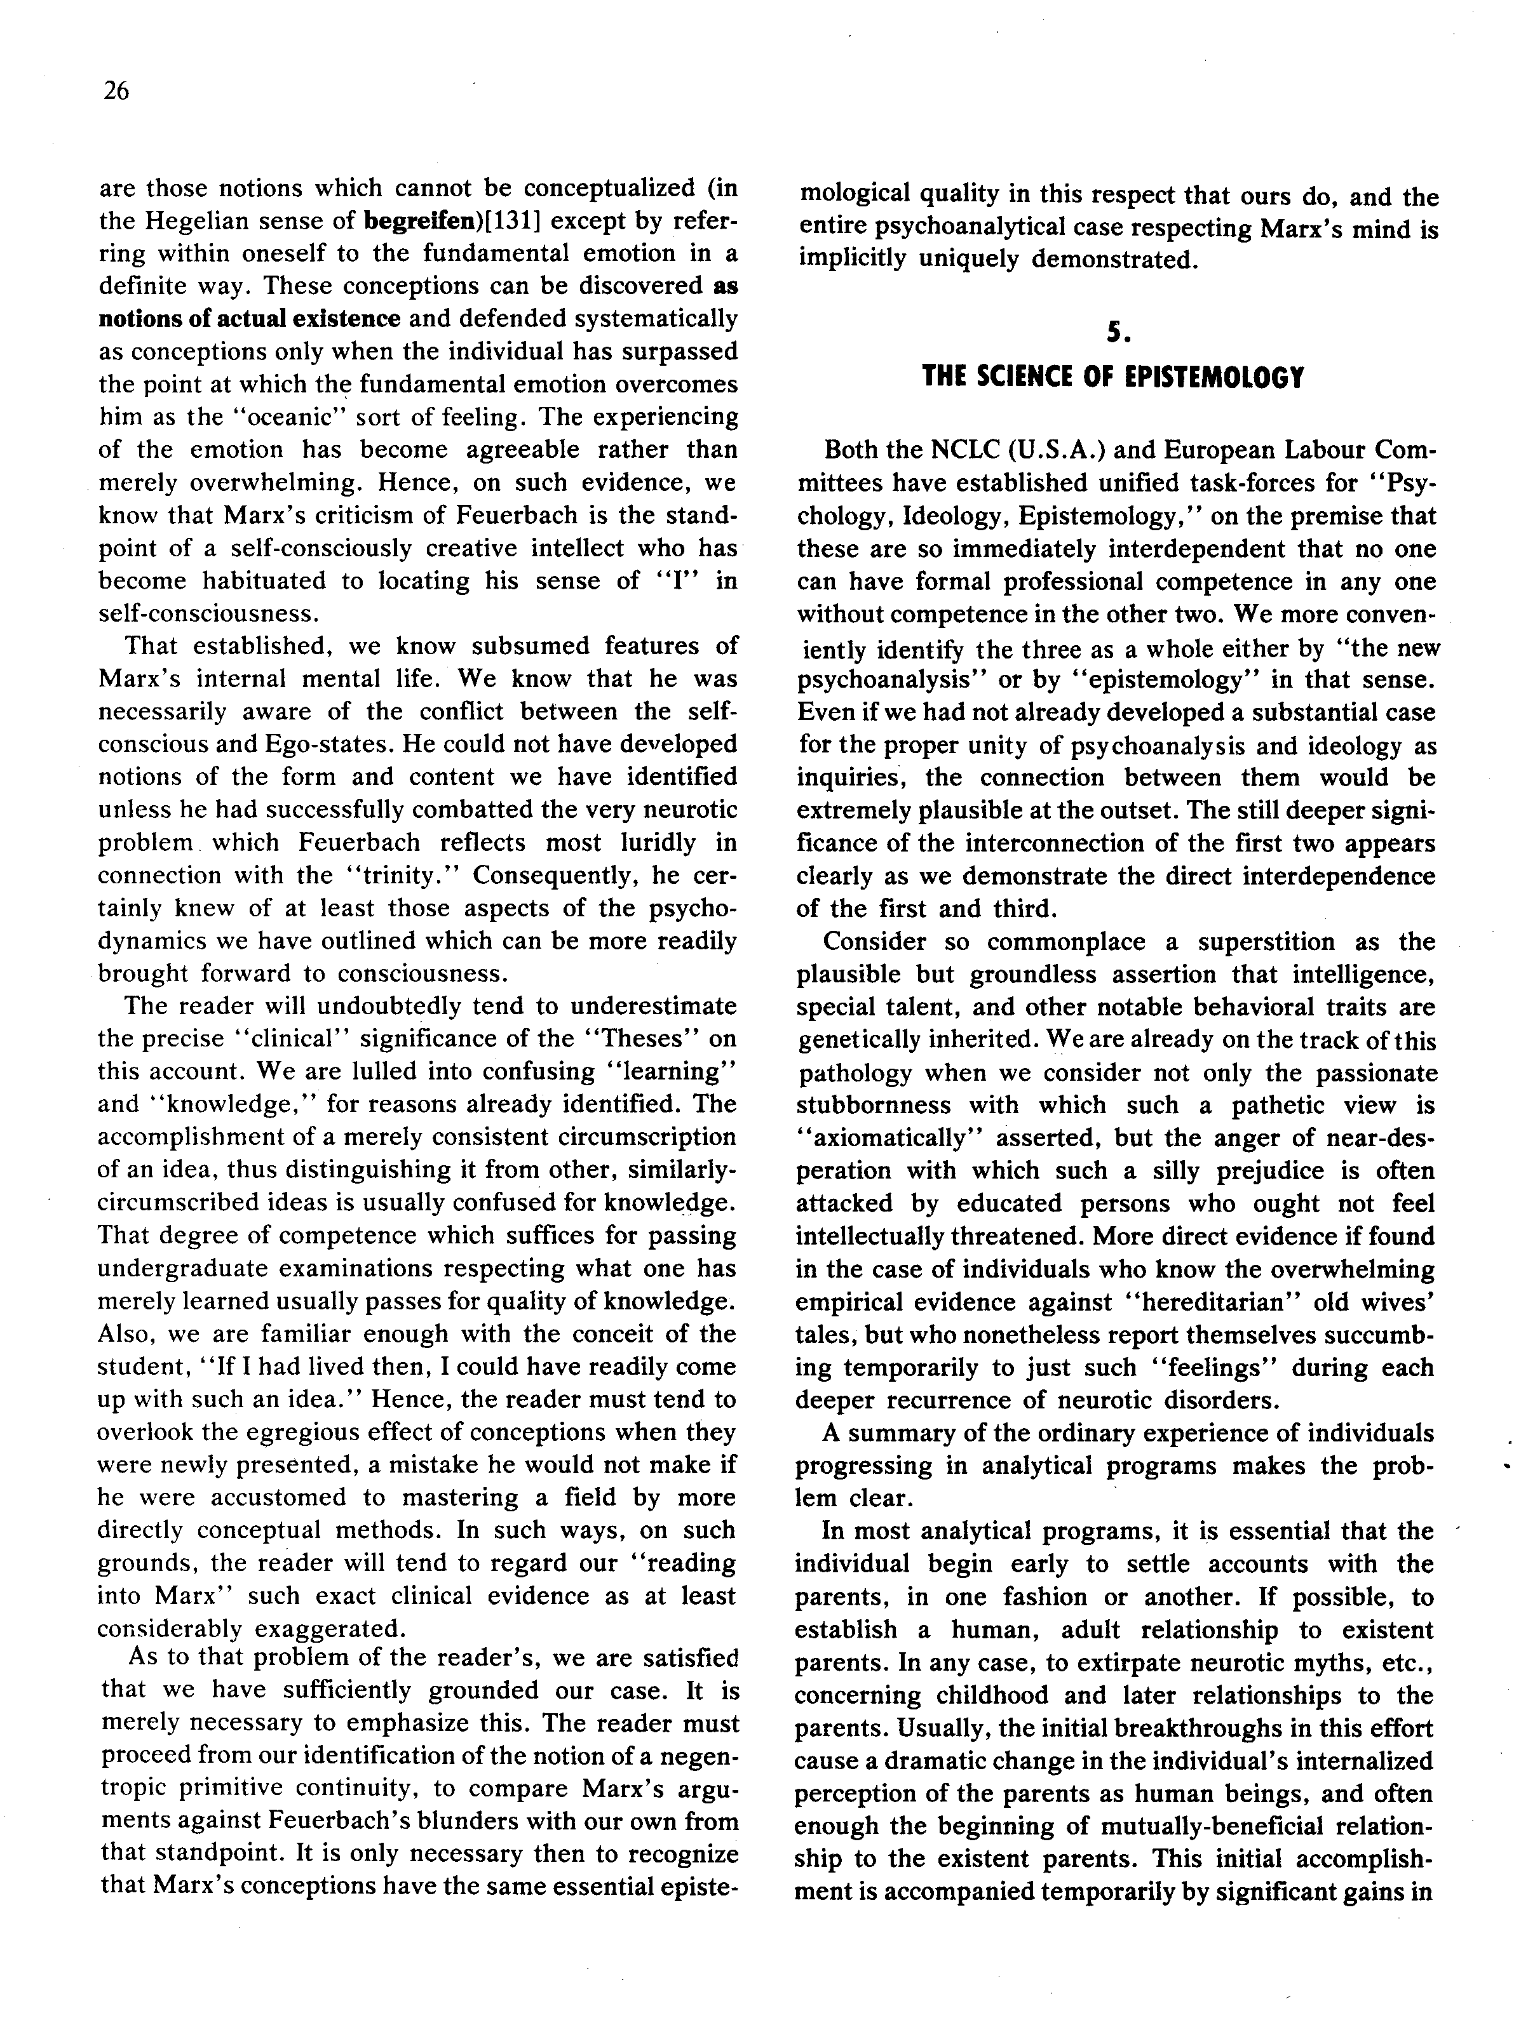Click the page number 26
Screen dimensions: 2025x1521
click(116, 91)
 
